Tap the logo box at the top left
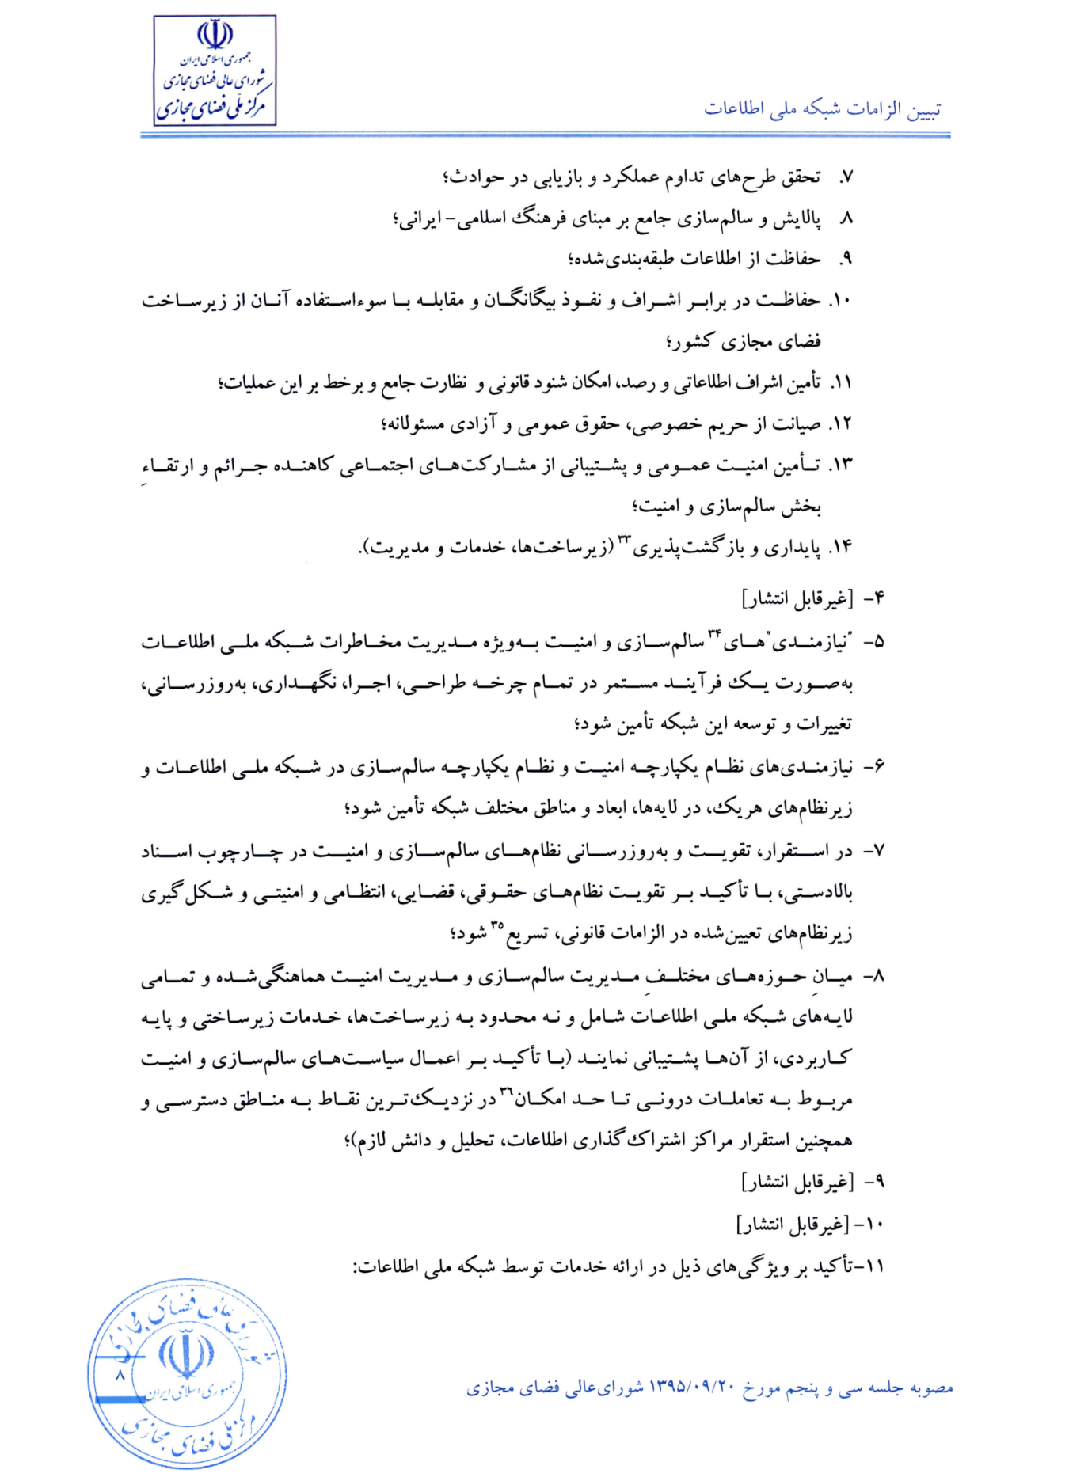(x=215, y=70)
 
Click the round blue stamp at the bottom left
(x=187, y=1374)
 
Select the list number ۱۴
(x=839, y=547)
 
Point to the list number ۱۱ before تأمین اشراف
(x=839, y=383)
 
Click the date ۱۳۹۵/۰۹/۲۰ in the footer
(x=691, y=1388)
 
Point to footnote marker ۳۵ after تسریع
(x=496, y=925)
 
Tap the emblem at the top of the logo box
(x=215, y=35)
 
